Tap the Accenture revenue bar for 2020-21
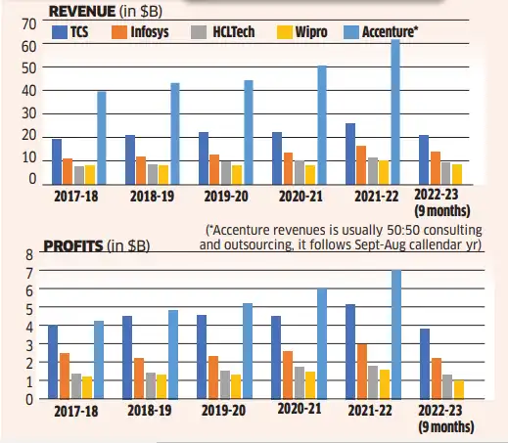tap(322, 124)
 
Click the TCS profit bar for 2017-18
tap(53, 362)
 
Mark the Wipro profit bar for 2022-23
tap(459, 389)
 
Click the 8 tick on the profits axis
tap(29, 254)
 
